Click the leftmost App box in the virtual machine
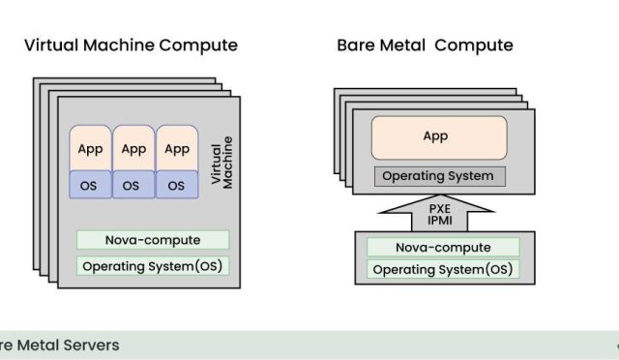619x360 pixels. coord(90,149)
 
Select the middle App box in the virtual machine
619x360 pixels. coord(133,149)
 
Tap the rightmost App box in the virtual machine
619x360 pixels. coord(176,149)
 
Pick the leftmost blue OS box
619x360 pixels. coord(90,185)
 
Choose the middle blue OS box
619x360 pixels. coord(133,185)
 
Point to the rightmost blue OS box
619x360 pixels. coord(176,185)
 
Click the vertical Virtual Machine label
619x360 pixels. coord(221,163)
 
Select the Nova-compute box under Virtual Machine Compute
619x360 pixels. coord(153,239)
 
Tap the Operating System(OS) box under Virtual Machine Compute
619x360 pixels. coord(153,265)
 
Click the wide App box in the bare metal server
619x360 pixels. coord(439,137)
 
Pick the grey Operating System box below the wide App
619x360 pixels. coord(439,176)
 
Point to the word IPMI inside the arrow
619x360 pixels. coord(437,220)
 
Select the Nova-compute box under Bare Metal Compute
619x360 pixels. coord(442,247)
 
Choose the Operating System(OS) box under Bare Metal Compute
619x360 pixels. coord(442,270)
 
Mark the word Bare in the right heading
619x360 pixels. coord(355,45)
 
